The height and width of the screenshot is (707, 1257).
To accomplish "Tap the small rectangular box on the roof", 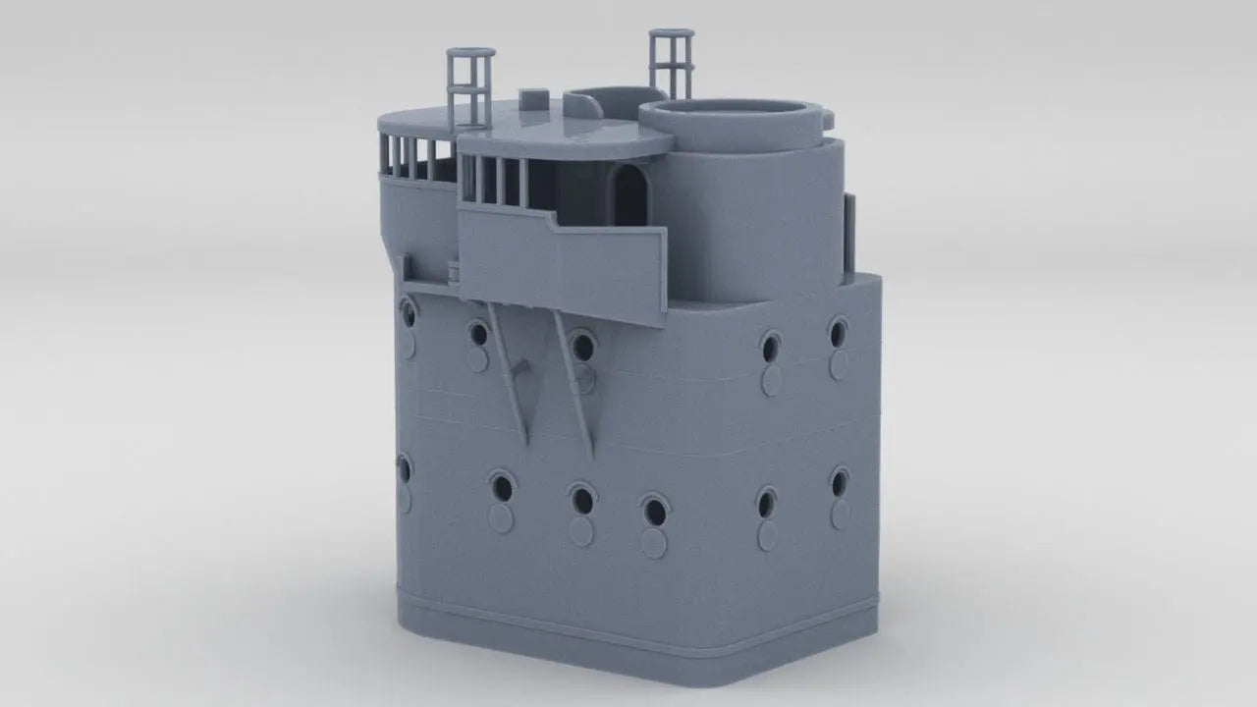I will pyautogui.click(x=531, y=97).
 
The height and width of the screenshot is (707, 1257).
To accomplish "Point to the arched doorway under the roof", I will pyautogui.click(x=628, y=196).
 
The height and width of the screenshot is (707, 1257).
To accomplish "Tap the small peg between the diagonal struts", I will pyautogui.click(x=521, y=367).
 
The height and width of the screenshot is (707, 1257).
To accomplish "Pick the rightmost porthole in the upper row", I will pyautogui.click(x=838, y=333).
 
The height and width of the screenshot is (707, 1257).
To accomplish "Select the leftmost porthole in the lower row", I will pyautogui.click(x=405, y=467).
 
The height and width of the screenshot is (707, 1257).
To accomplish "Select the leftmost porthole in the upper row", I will pyautogui.click(x=409, y=313).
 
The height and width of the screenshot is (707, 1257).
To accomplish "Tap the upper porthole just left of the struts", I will pyautogui.click(x=478, y=334).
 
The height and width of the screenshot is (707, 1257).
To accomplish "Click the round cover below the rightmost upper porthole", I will pyautogui.click(x=838, y=366).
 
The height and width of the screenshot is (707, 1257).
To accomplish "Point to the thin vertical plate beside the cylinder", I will pyautogui.click(x=850, y=231).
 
